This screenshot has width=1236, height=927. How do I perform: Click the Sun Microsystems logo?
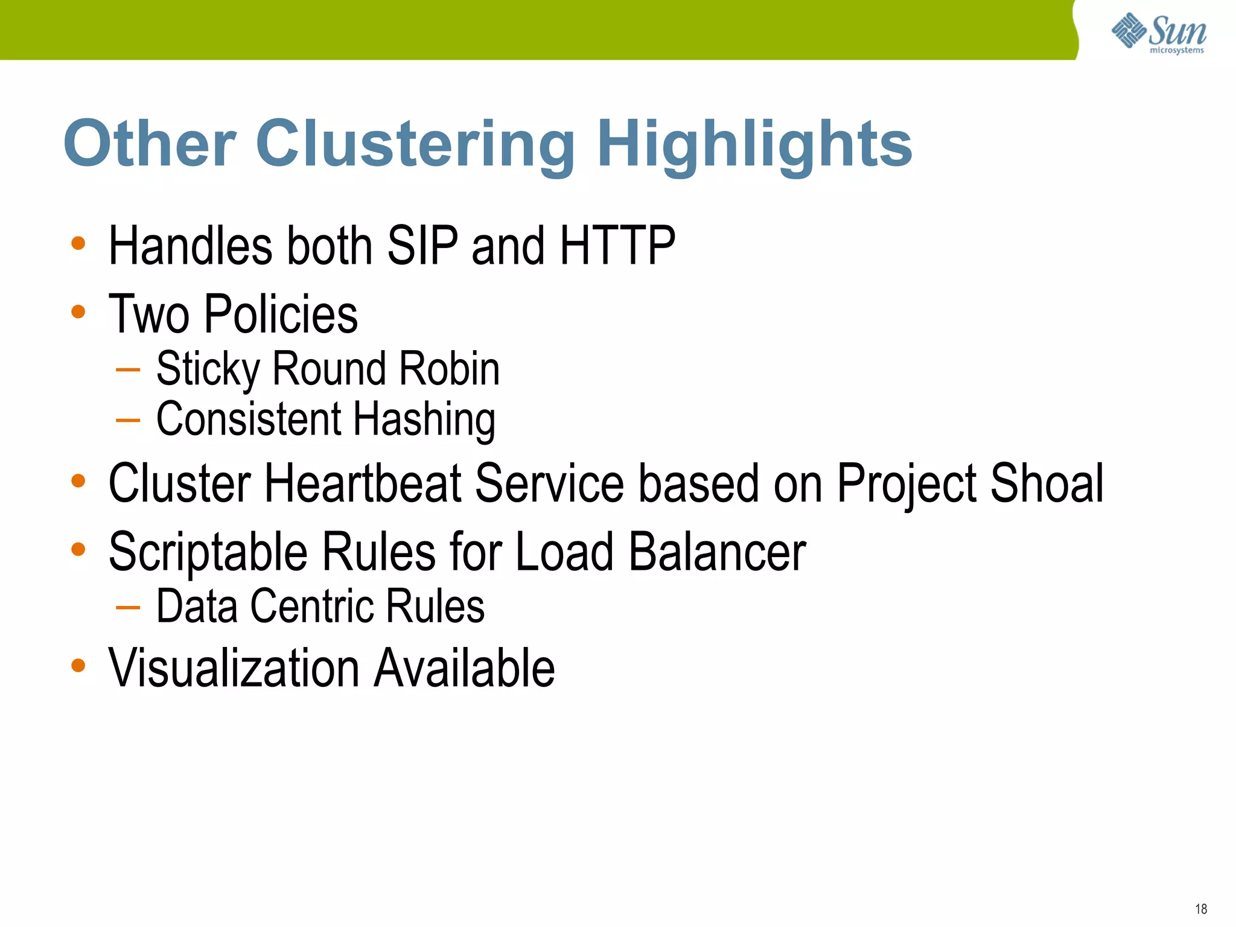click(1159, 33)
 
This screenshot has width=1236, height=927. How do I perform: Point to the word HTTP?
click(617, 246)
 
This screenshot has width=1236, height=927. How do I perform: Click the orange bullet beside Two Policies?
click(78, 312)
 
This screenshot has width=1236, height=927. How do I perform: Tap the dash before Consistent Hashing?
click(128, 419)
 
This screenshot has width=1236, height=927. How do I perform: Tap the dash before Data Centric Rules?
click(128, 607)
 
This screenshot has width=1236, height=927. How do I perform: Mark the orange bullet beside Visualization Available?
click(78, 666)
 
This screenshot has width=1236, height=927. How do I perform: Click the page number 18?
click(1201, 909)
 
